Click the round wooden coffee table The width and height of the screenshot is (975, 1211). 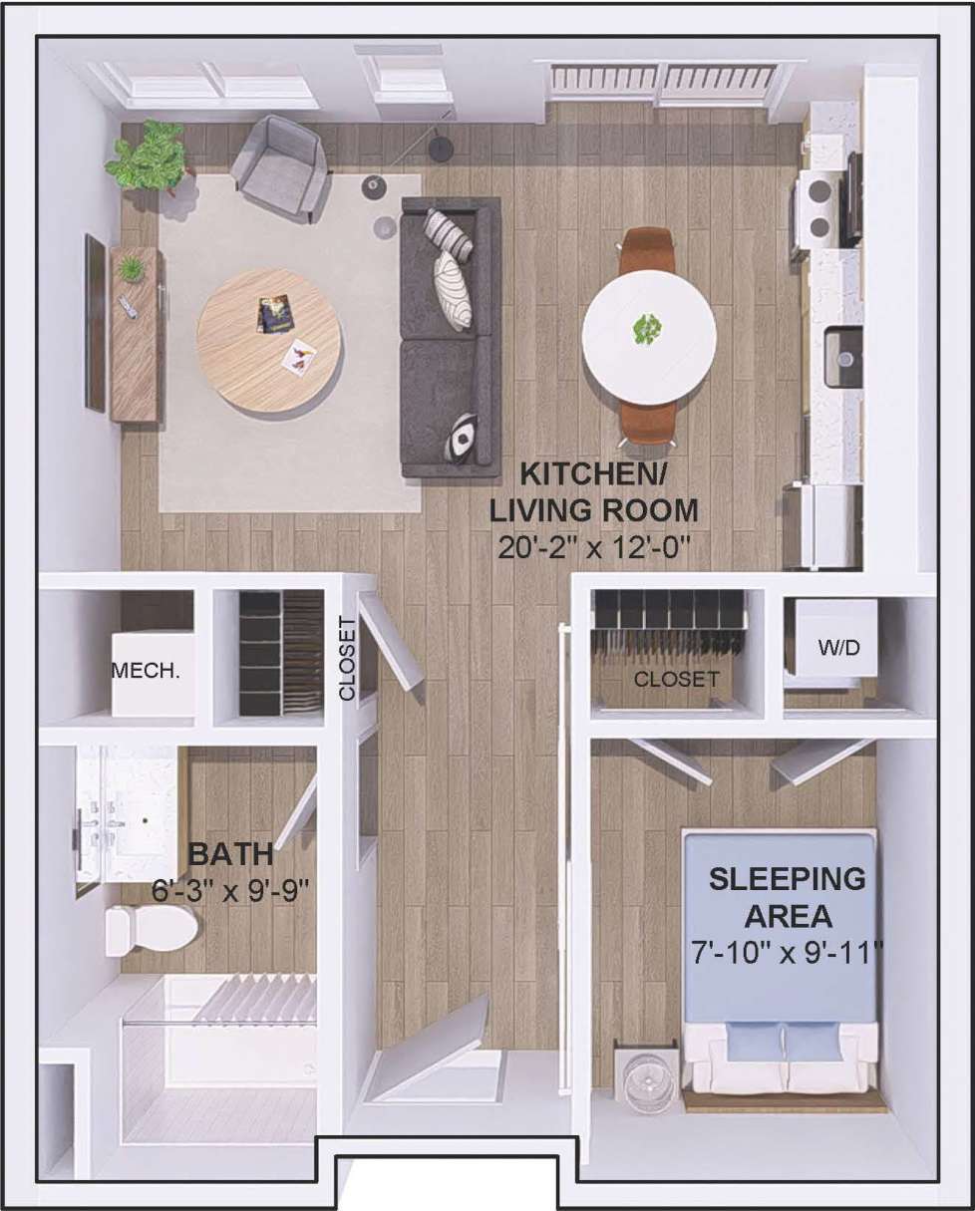point(268,340)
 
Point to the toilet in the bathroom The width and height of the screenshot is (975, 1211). point(150,929)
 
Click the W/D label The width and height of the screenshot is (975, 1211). point(837,647)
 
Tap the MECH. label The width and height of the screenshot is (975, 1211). point(146,670)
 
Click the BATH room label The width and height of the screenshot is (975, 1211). point(231,854)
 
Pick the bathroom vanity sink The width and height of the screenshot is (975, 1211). point(141,812)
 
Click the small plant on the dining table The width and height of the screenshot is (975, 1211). point(647,328)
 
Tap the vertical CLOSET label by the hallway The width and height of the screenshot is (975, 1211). point(347,658)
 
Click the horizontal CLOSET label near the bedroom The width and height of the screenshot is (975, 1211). point(676,680)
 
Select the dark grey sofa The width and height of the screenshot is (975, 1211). point(451,337)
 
